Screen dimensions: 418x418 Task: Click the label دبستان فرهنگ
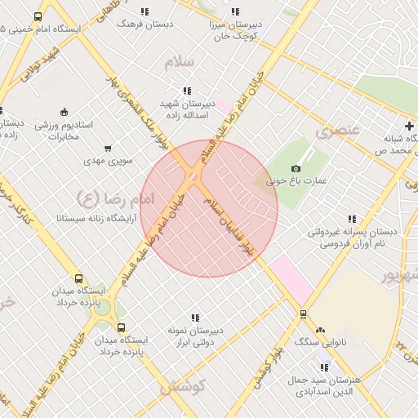pos(145,24)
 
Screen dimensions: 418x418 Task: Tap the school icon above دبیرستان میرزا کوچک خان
pos(236,12)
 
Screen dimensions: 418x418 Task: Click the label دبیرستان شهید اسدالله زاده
pos(187,110)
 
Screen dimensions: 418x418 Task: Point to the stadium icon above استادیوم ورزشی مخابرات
pos(64,112)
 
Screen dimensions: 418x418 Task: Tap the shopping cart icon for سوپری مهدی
pos(108,149)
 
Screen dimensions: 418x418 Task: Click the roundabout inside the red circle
pos(192,176)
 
